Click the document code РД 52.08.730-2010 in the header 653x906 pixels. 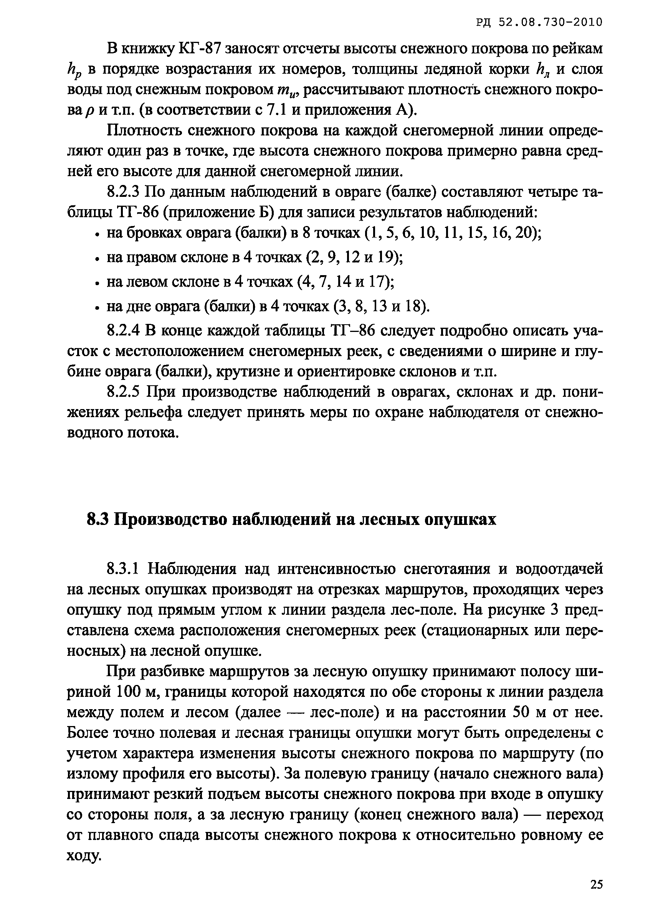click(539, 22)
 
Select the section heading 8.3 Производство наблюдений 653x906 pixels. click(291, 520)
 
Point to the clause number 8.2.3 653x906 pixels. click(122, 193)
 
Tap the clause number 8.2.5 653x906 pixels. click(122, 392)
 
